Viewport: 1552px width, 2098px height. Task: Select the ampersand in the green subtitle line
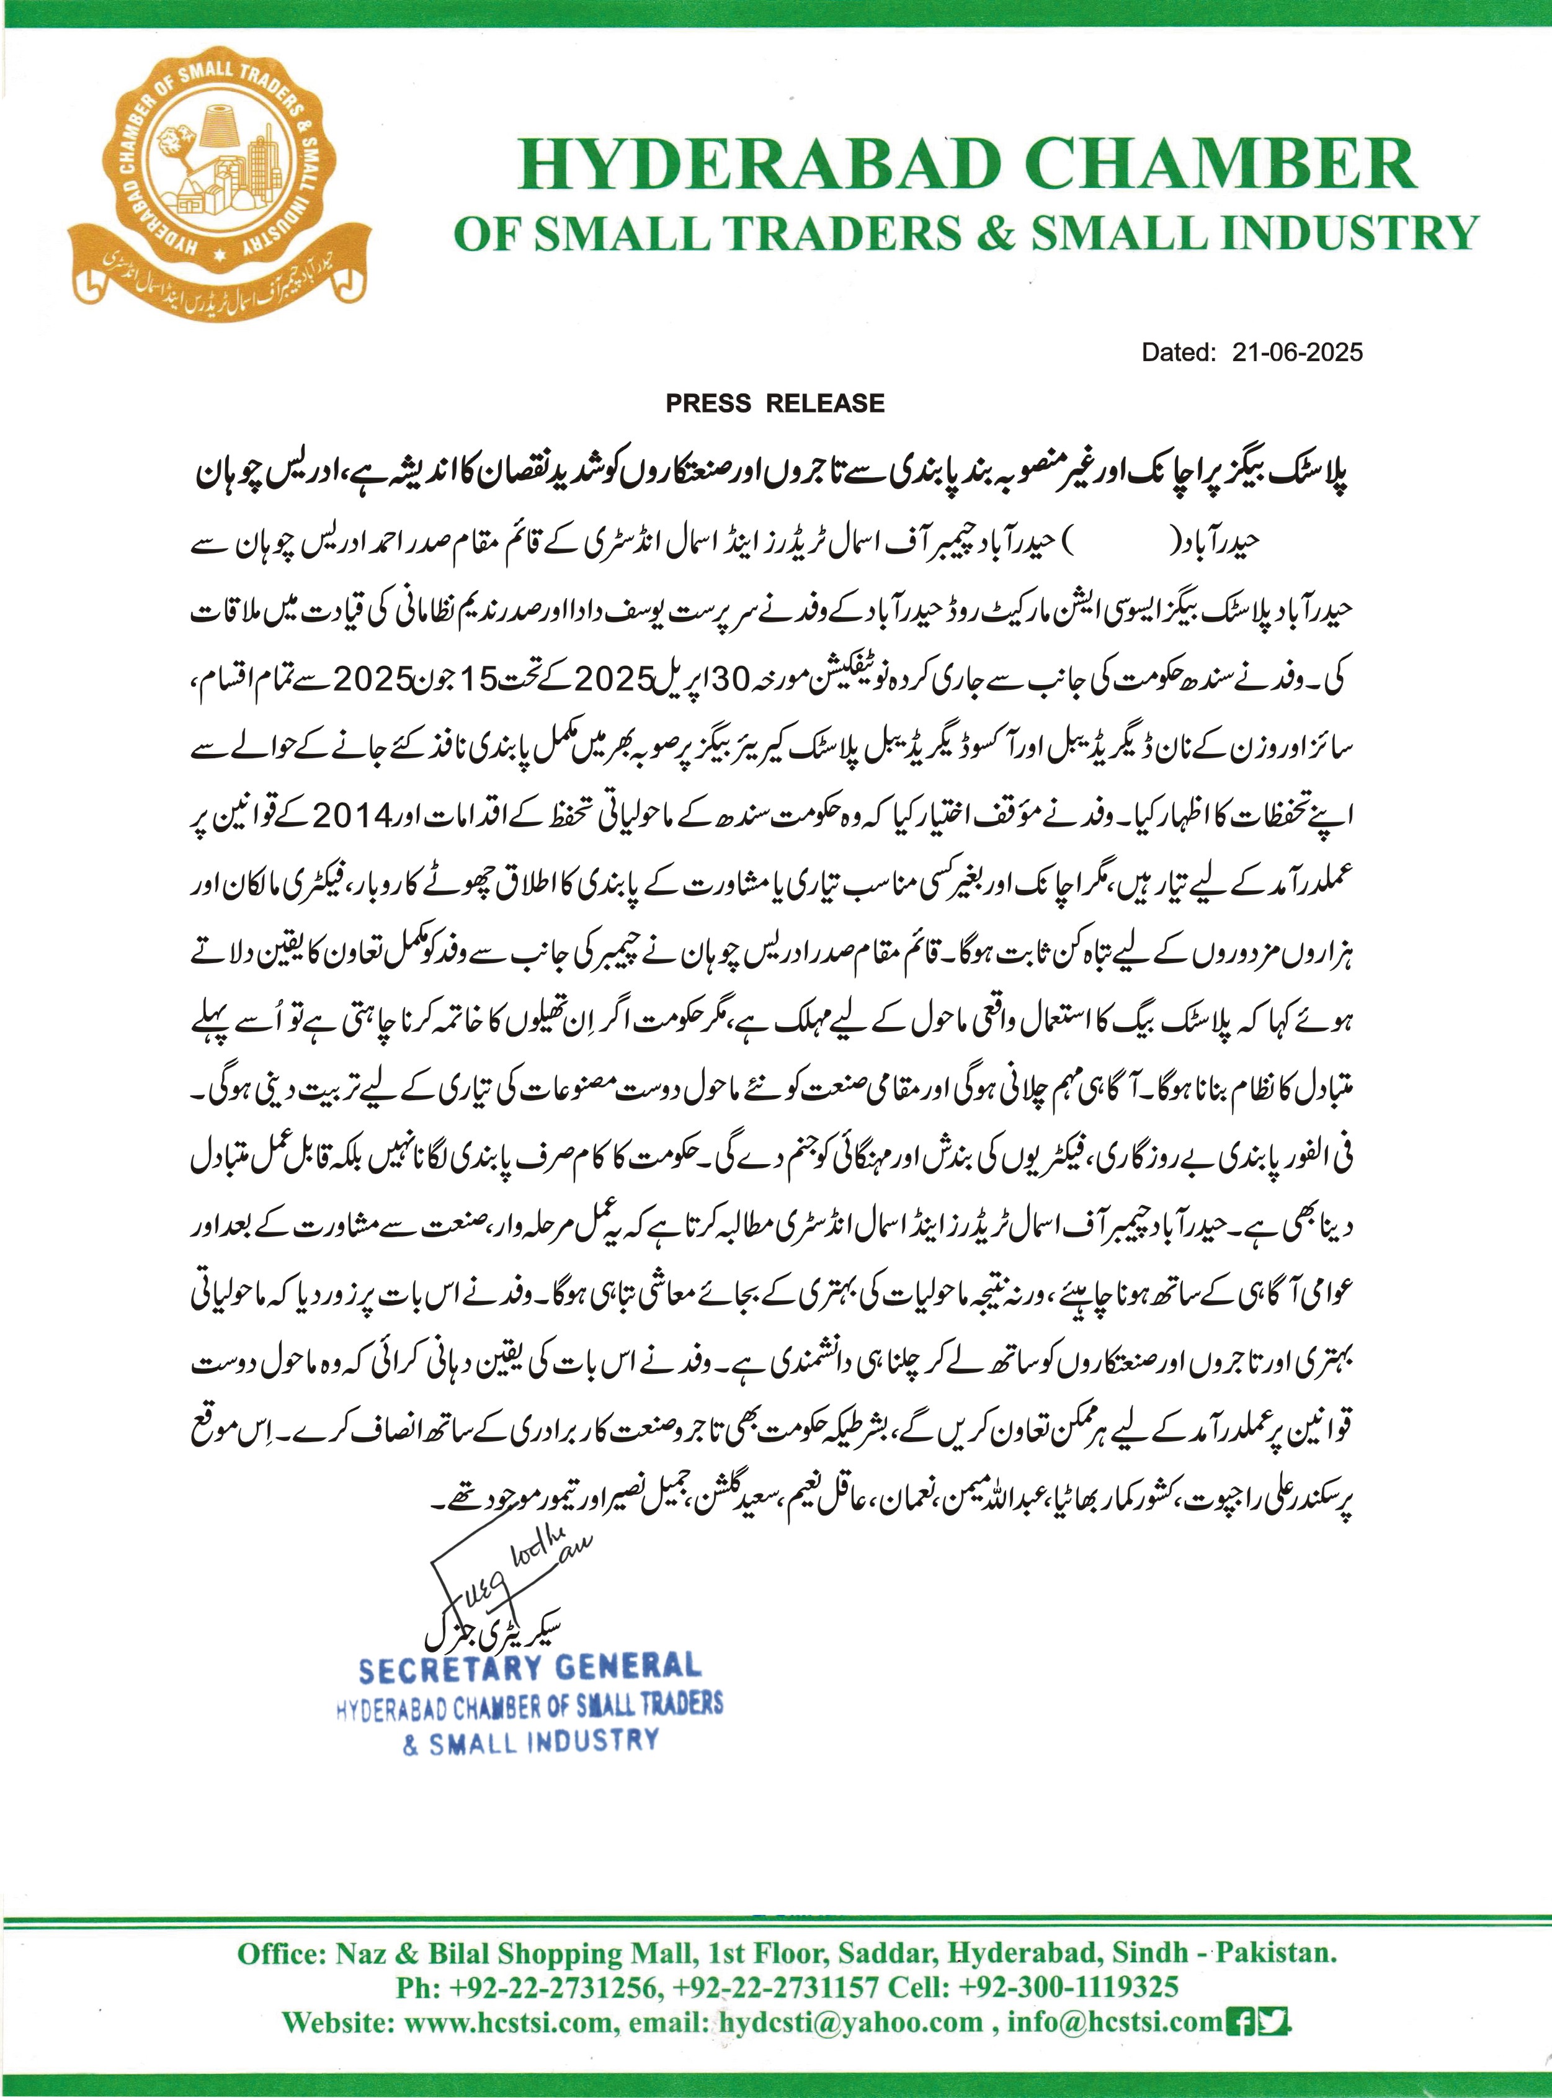pyautogui.click(x=995, y=233)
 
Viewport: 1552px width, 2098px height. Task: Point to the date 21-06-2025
pyautogui.click(x=1298, y=352)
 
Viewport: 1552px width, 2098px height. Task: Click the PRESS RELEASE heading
pyautogui.click(x=775, y=403)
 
